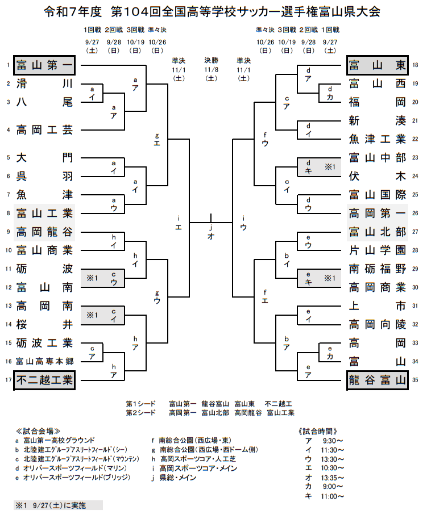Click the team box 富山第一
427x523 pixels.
(x=44, y=65)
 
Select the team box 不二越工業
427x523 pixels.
(x=44, y=380)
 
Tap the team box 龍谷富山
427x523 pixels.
(x=378, y=380)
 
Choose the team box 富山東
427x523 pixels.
(x=378, y=65)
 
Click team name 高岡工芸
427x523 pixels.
(x=44, y=129)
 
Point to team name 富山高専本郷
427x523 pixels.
(x=44, y=361)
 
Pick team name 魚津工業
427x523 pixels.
(x=378, y=139)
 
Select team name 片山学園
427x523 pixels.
(x=378, y=250)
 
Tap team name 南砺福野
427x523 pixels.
(x=378, y=269)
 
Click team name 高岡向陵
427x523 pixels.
(x=378, y=324)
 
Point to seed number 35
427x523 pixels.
(x=416, y=380)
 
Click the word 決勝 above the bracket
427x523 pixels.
(x=211, y=60)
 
